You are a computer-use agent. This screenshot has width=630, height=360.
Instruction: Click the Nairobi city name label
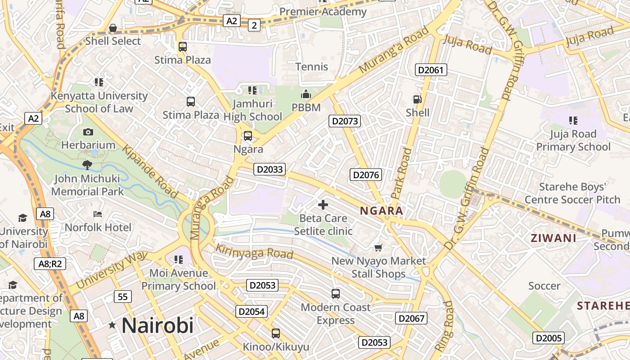(x=157, y=325)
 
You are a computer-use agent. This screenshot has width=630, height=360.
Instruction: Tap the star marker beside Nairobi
(x=112, y=324)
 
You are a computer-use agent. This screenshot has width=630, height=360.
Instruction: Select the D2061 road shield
(x=431, y=70)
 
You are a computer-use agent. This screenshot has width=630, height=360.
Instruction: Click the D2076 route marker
(x=366, y=175)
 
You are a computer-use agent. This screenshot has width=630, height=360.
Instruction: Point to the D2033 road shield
(x=270, y=169)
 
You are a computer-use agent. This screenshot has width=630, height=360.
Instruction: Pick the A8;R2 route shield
(x=50, y=264)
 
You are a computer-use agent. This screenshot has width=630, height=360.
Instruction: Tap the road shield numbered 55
(x=123, y=297)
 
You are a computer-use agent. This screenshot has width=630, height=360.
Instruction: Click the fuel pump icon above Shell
(x=417, y=99)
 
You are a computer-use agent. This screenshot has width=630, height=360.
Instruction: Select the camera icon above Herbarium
(x=88, y=132)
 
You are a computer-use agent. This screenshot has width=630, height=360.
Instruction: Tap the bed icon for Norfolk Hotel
(x=98, y=214)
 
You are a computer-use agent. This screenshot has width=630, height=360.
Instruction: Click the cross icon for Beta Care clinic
(x=323, y=205)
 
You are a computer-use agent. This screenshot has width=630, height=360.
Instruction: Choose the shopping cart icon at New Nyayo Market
(x=378, y=247)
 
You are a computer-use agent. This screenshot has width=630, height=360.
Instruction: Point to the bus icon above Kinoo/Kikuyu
(x=276, y=333)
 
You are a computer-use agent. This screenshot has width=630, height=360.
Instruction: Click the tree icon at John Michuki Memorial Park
(x=87, y=165)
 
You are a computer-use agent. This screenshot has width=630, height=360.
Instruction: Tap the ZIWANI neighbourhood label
(x=553, y=238)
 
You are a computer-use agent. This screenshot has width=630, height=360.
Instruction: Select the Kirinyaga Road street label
(x=254, y=252)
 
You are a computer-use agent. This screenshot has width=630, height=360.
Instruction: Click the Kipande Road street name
(x=150, y=172)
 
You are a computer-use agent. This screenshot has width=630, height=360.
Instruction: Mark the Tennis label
(x=312, y=67)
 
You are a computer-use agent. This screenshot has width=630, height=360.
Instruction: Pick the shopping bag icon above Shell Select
(x=113, y=28)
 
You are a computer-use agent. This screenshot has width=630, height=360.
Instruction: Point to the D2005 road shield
(x=548, y=338)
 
